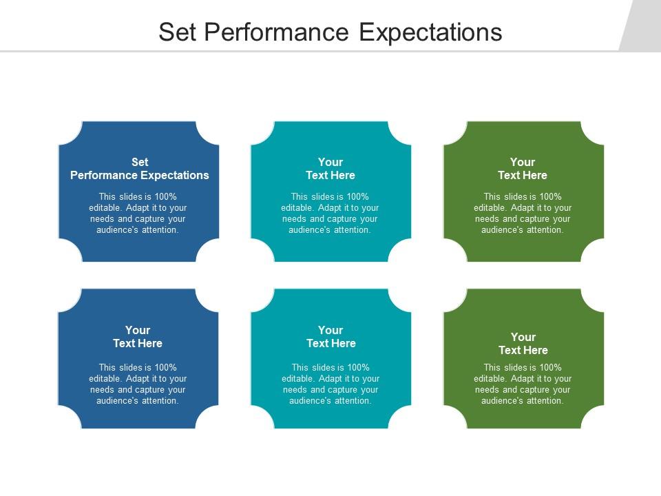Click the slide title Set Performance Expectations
pyautogui.click(x=330, y=32)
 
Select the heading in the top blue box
pyautogui.click(x=140, y=169)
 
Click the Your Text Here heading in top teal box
pyautogui.click(x=330, y=169)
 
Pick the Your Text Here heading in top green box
pyautogui.click(x=523, y=169)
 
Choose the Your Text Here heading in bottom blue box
pyautogui.click(x=138, y=337)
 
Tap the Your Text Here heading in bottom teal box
pyautogui.click(x=330, y=337)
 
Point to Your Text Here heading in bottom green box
pyautogui.click(x=523, y=344)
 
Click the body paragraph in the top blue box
pyautogui.click(x=138, y=214)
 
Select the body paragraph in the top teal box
pyautogui.click(x=330, y=214)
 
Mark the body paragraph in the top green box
pyautogui.click(x=523, y=214)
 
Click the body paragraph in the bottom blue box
pyautogui.click(x=138, y=384)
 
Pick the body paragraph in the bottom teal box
pyautogui.click(x=330, y=384)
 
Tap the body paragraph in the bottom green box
pyautogui.click(x=523, y=384)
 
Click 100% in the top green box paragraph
pyautogui.click(x=549, y=196)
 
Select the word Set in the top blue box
pyautogui.click(x=140, y=162)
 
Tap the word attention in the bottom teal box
pyautogui.click(x=353, y=400)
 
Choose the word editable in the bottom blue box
pyautogui.click(x=104, y=378)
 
